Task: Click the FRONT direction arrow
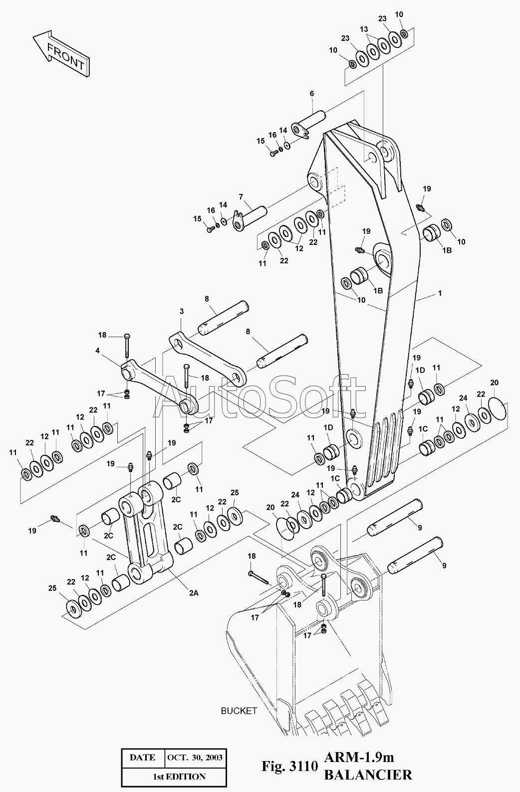pyautogui.click(x=61, y=53)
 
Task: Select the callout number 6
pyautogui.click(x=311, y=94)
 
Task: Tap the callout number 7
pyautogui.click(x=241, y=197)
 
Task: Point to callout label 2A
pyautogui.click(x=194, y=593)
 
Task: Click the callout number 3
pyautogui.click(x=182, y=312)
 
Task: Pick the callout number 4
pyautogui.click(x=97, y=351)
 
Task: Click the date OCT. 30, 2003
pyautogui.click(x=195, y=757)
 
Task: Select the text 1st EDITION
pyautogui.click(x=179, y=777)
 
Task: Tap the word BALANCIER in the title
pyautogui.click(x=368, y=775)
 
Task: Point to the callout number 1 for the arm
pyautogui.click(x=440, y=293)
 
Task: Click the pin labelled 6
pyautogui.click(x=308, y=123)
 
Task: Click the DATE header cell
pyautogui.click(x=143, y=757)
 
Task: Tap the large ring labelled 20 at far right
pyautogui.click(x=497, y=408)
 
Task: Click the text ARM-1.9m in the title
pyautogui.click(x=359, y=757)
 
